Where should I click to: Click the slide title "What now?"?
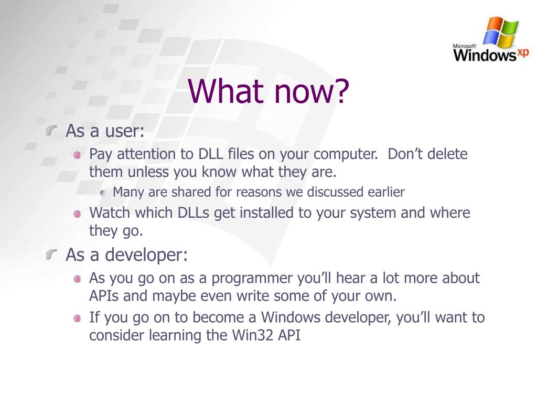[x=268, y=91]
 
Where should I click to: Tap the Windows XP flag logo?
[x=501, y=33]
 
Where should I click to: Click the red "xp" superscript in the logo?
[x=523, y=52]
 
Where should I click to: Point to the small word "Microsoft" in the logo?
[x=465, y=46]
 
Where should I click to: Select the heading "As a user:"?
[x=105, y=131]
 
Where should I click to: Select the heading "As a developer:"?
[x=127, y=254]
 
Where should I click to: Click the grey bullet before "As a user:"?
[x=51, y=130]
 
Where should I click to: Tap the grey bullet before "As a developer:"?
[x=51, y=254]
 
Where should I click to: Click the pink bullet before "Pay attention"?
[x=78, y=155]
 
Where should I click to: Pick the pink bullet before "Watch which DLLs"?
[x=78, y=214]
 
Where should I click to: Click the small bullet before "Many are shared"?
[x=102, y=193]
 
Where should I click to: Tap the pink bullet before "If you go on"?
[x=78, y=319]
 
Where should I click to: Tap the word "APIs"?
[x=104, y=296]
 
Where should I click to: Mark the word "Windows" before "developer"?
[x=291, y=317]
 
